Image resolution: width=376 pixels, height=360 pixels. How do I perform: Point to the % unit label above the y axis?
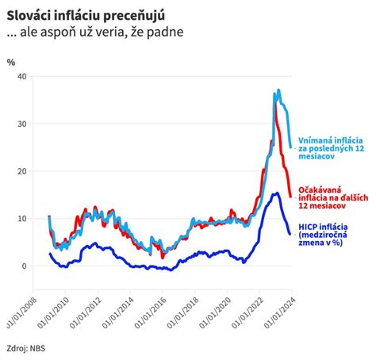coord(11,61)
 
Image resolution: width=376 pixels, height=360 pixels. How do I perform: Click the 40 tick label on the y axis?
coord(21,76)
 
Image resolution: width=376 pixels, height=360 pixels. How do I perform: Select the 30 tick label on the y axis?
coord(21,124)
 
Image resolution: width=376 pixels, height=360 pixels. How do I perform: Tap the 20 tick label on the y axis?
coord(21,171)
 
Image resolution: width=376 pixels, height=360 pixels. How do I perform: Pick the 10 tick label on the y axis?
coord(21,219)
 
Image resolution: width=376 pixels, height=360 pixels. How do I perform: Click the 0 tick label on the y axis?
coord(24,266)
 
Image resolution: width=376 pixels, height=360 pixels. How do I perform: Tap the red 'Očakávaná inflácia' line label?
coord(332,199)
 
